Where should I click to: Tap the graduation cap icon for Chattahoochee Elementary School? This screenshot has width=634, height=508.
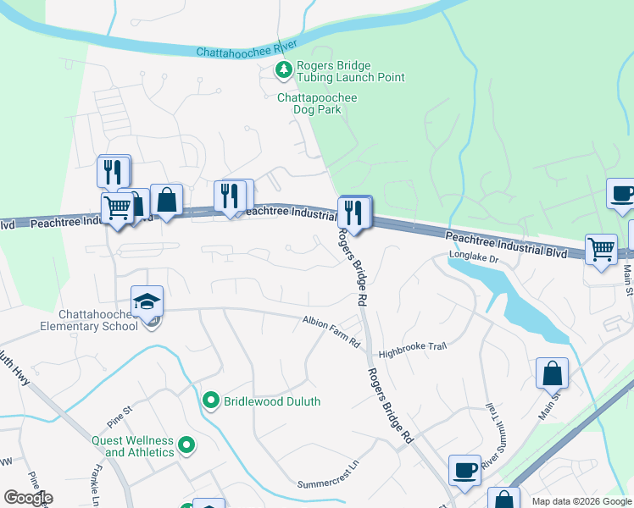pos(147,301)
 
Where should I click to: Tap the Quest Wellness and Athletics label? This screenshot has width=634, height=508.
pos(133,446)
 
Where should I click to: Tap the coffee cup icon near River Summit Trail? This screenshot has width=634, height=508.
pos(464,471)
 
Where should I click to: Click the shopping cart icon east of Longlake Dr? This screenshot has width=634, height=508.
pos(601,250)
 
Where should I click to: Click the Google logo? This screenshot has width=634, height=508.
pos(27,498)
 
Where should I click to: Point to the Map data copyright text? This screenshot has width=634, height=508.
pos(581,501)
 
